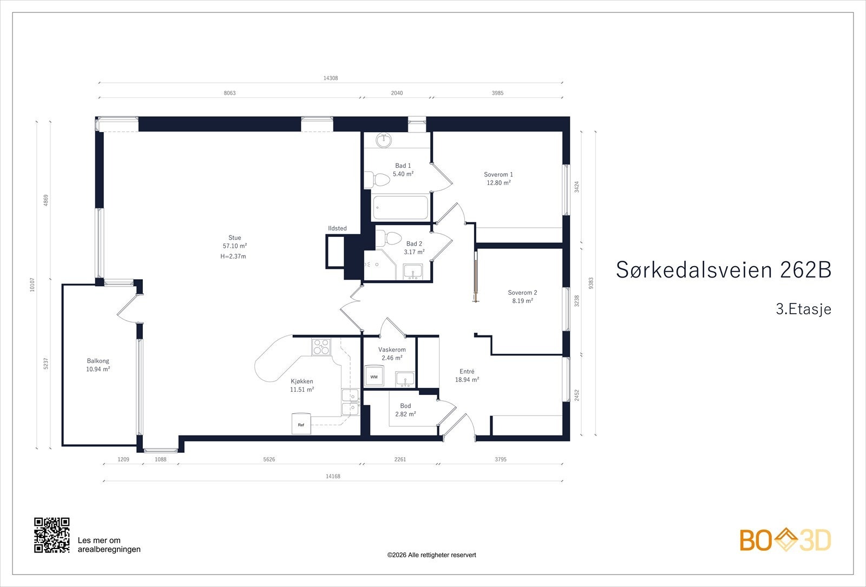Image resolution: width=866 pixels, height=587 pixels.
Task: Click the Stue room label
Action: pos(234,238)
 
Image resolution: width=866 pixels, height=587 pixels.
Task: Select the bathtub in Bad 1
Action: pos(401,207)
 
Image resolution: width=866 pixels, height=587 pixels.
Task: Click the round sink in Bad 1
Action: pos(384,140)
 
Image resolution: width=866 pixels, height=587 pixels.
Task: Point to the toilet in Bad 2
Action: pos(388,238)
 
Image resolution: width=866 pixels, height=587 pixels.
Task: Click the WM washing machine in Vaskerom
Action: pos(374,376)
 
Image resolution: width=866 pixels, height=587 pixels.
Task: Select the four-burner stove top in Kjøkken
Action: pos(320,346)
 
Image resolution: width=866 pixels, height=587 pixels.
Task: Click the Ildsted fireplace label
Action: pos(337,228)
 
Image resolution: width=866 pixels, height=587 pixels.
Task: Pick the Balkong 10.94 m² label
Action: pos(98,365)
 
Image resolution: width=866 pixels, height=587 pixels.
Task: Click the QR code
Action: pos(52,535)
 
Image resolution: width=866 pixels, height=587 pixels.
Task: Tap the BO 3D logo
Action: pos(785,540)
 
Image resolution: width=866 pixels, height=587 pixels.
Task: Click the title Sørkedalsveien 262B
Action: pos(723,270)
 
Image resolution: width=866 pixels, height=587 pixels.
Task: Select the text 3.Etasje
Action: pos(803,309)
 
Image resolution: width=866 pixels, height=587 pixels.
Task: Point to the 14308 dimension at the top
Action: pos(331,78)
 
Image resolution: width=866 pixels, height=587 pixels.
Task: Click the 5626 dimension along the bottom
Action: pos(269,459)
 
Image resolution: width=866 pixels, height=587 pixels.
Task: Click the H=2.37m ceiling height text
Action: pos(233,256)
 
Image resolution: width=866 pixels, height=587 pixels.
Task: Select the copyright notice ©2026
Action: pos(431,555)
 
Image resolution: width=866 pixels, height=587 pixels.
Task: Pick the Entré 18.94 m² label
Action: pos(467,375)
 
